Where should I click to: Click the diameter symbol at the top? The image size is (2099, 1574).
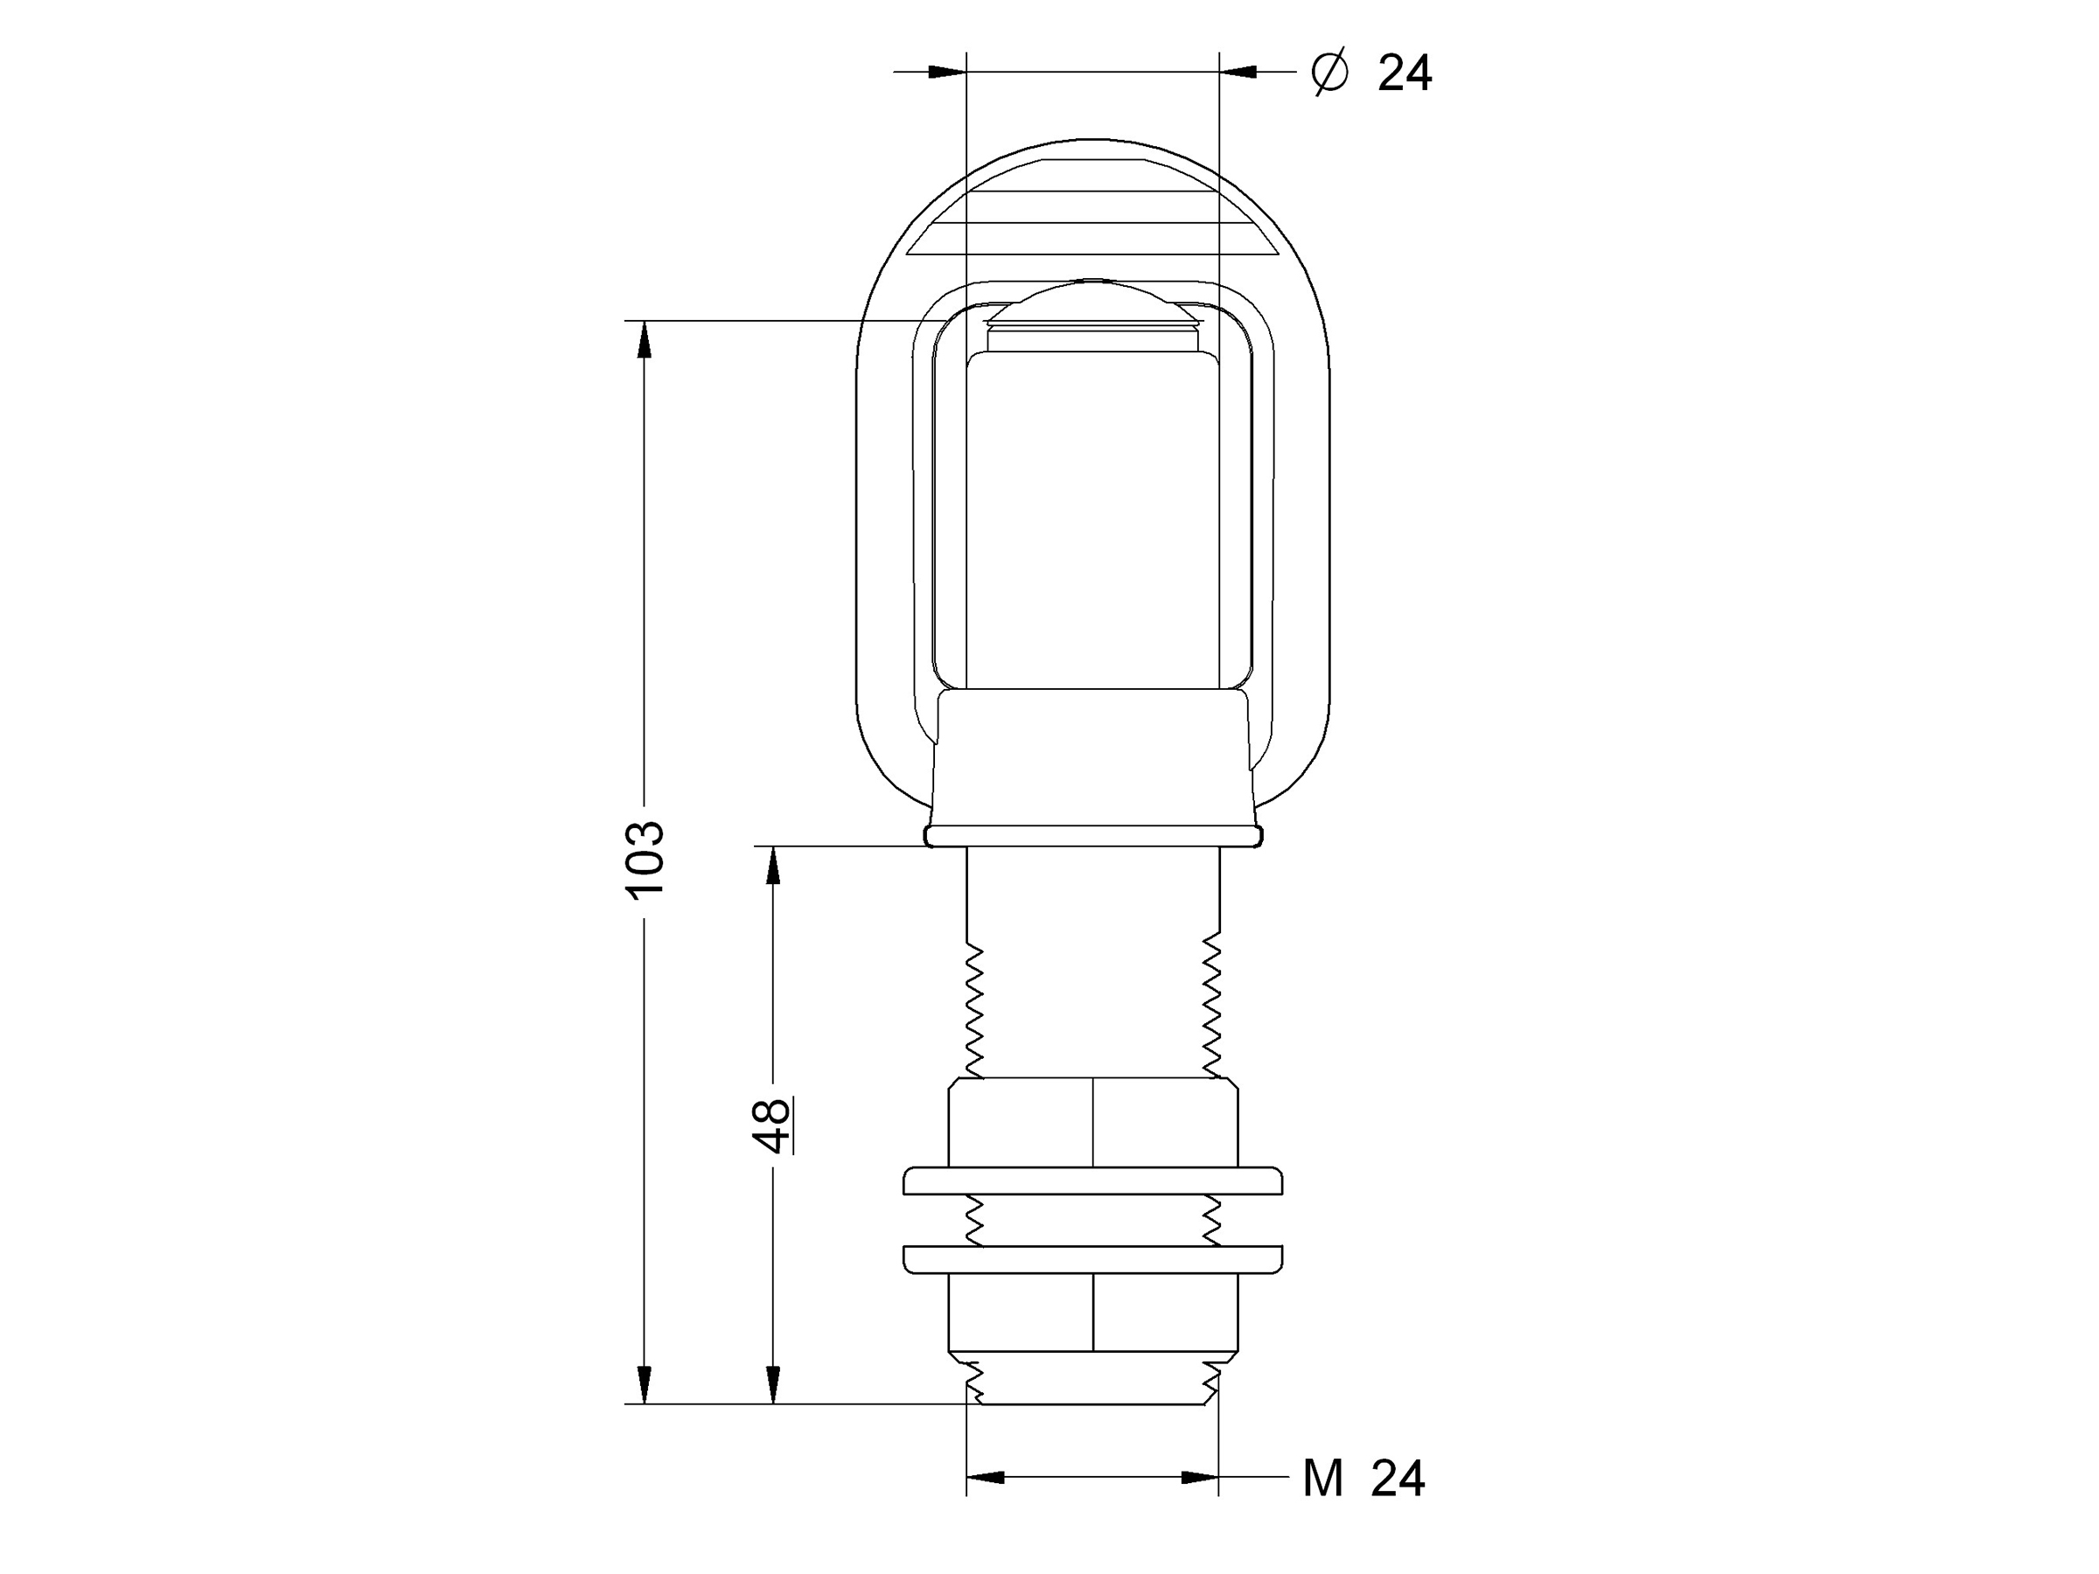pos(1329,72)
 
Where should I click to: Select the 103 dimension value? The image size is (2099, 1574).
pos(645,860)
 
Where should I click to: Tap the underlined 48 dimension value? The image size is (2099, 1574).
pos(773,1125)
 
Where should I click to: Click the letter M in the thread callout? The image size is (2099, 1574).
pos(1322,1478)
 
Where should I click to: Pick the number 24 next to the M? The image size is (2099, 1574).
pos(1398,1478)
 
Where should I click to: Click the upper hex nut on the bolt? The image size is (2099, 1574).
pos(1093,1123)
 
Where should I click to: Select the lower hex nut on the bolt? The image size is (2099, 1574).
pos(1093,1313)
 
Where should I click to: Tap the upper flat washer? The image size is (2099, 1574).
pos(1093,1181)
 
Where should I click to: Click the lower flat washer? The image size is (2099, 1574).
pos(1093,1259)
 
